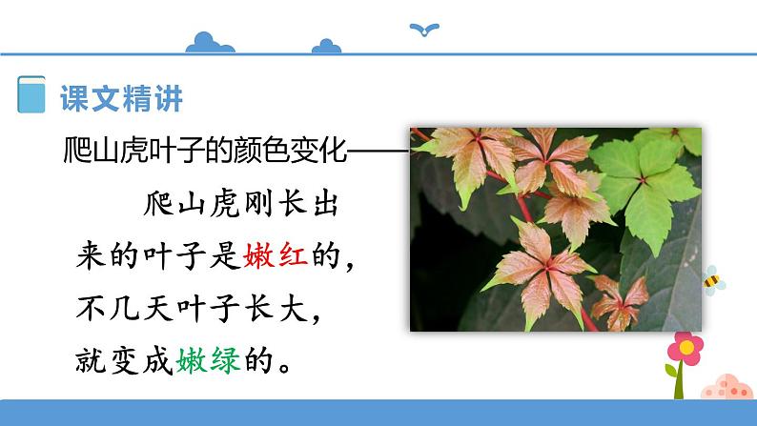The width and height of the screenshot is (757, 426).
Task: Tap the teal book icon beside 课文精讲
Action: pos(31,95)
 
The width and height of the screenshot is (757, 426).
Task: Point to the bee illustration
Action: pos(712,278)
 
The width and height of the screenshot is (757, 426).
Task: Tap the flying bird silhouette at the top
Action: pos(422,30)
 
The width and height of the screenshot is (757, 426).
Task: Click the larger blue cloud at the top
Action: pos(212,43)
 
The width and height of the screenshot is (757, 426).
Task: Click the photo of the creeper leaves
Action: pos(555,229)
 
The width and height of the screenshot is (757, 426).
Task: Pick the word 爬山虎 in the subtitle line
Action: pos(94,151)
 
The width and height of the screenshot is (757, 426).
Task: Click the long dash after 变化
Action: pos(379,151)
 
